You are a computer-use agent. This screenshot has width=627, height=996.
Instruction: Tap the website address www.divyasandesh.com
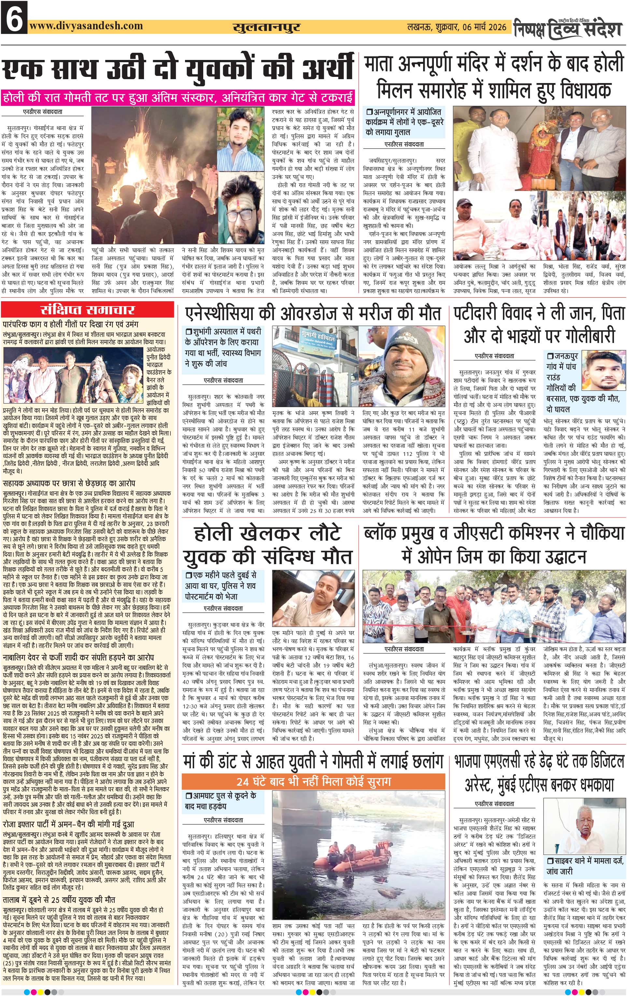tap(86, 26)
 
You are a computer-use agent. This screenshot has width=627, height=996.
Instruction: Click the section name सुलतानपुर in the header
tap(266, 28)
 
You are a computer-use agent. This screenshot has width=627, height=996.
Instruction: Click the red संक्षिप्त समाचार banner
tap(87, 310)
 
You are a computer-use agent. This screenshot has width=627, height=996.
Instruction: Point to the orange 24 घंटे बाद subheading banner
tap(313, 781)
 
